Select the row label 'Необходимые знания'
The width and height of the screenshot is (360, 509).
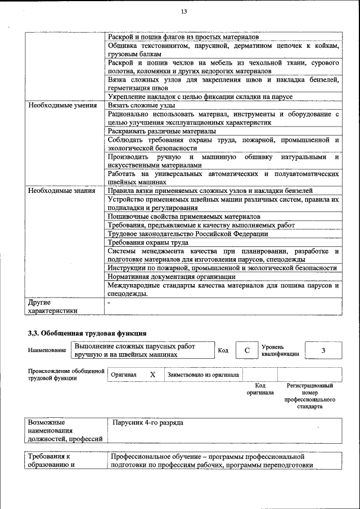pos(61,191)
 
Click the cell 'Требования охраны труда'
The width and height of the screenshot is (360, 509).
pos(148,242)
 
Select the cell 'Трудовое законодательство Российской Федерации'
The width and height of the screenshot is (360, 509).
pos(188,233)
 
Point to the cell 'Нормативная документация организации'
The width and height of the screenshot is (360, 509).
pos(172,277)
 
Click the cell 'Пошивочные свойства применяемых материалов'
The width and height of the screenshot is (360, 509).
pos(184,217)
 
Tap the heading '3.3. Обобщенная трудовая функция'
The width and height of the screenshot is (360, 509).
pos(87,333)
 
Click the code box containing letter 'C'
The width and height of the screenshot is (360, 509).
pos(246,350)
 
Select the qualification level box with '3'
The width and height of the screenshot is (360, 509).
pos(323,350)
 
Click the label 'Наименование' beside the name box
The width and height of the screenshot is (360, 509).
pos(47,350)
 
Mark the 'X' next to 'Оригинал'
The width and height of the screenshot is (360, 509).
pos(152,375)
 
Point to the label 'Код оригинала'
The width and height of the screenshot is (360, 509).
pos(260,389)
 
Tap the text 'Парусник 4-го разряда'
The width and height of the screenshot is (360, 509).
pos(148,422)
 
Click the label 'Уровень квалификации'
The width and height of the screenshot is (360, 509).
pos(280,350)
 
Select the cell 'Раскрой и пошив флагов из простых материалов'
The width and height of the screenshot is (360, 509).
pos(183,36)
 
